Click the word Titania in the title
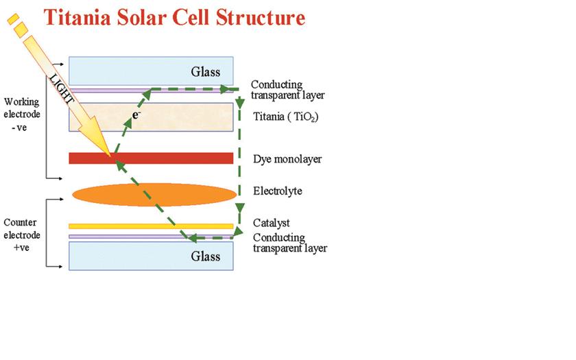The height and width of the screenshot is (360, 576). click(x=77, y=18)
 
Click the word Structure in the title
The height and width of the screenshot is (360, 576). click(x=261, y=18)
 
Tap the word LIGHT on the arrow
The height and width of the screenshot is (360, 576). click(x=61, y=88)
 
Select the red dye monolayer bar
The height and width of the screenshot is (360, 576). click(x=151, y=158)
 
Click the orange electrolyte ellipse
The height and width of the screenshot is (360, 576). click(x=154, y=194)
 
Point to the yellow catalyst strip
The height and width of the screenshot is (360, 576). click(x=151, y=226)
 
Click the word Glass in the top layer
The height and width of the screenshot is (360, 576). click(x=205, y=71)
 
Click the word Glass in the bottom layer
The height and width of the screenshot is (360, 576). click(x=205, y=256)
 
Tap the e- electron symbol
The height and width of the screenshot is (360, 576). click(x=136, y=115)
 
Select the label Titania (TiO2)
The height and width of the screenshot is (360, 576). click(x=285, y=117)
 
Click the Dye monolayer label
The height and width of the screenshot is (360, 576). click(x=287, y=159)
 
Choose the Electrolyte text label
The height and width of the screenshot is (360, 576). click(x=277, y=191)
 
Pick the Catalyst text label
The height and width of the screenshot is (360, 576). click(x=271, y=223)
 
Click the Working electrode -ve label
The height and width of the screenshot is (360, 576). click(x=22, y=115)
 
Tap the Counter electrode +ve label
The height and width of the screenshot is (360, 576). click(x=22, y=235)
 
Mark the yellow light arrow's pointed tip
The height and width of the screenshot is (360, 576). click(x=110, y=156)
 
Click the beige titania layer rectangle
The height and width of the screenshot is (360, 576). click(x=151, y=117)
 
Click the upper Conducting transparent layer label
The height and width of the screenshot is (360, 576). click(x=287, y=90)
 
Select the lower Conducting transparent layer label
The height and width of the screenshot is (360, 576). click(x=290, y=243)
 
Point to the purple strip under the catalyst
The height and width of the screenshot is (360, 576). click(x=151, y=237)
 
